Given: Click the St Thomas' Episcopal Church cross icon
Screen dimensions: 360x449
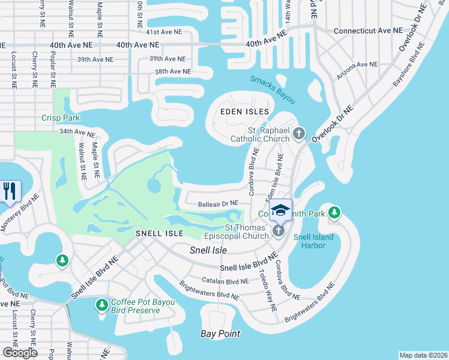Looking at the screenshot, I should pyautogui.click(x=279, y=231).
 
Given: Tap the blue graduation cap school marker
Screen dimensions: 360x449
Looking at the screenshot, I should pyautogui.click(x=280, y=211).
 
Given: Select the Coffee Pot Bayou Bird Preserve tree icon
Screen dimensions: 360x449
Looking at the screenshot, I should pyautogui.click(x=102, y=306).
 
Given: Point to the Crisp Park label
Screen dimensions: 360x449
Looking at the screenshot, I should pyautogui.click(x=57, y=118).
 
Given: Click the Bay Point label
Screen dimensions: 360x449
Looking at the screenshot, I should pyautogui.click(x=220, y=334).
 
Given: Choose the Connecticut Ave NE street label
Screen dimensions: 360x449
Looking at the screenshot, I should pyautogui.click(x=368, y=30).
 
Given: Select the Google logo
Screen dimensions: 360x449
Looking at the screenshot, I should pyautogui.click(x=20, y=353).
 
